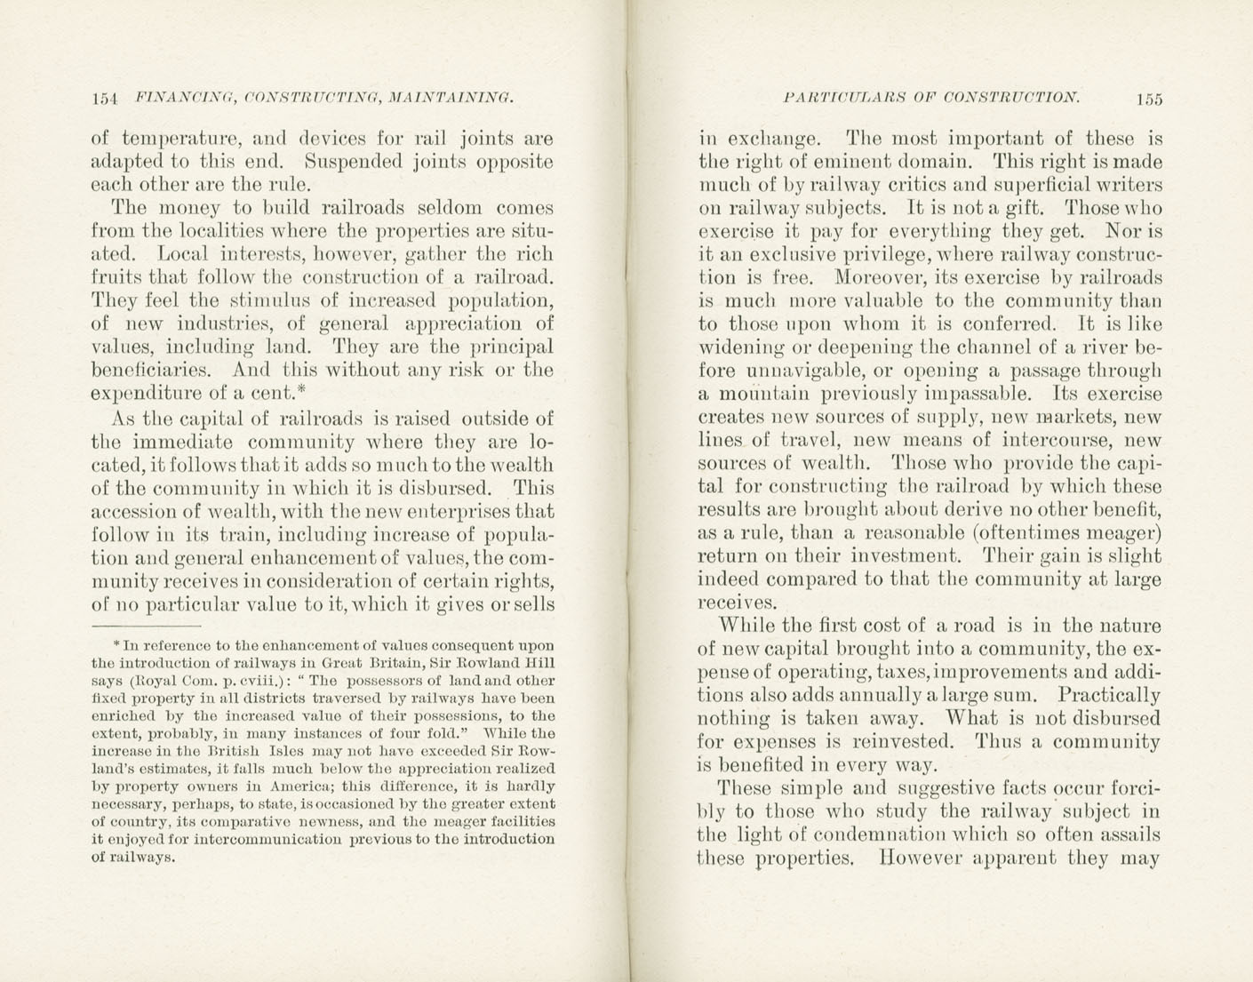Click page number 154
click(105, 99)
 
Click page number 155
click(1148, 100)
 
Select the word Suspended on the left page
click(353, 163)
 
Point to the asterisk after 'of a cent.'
click(301, 388)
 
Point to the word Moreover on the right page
click(861, 278)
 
